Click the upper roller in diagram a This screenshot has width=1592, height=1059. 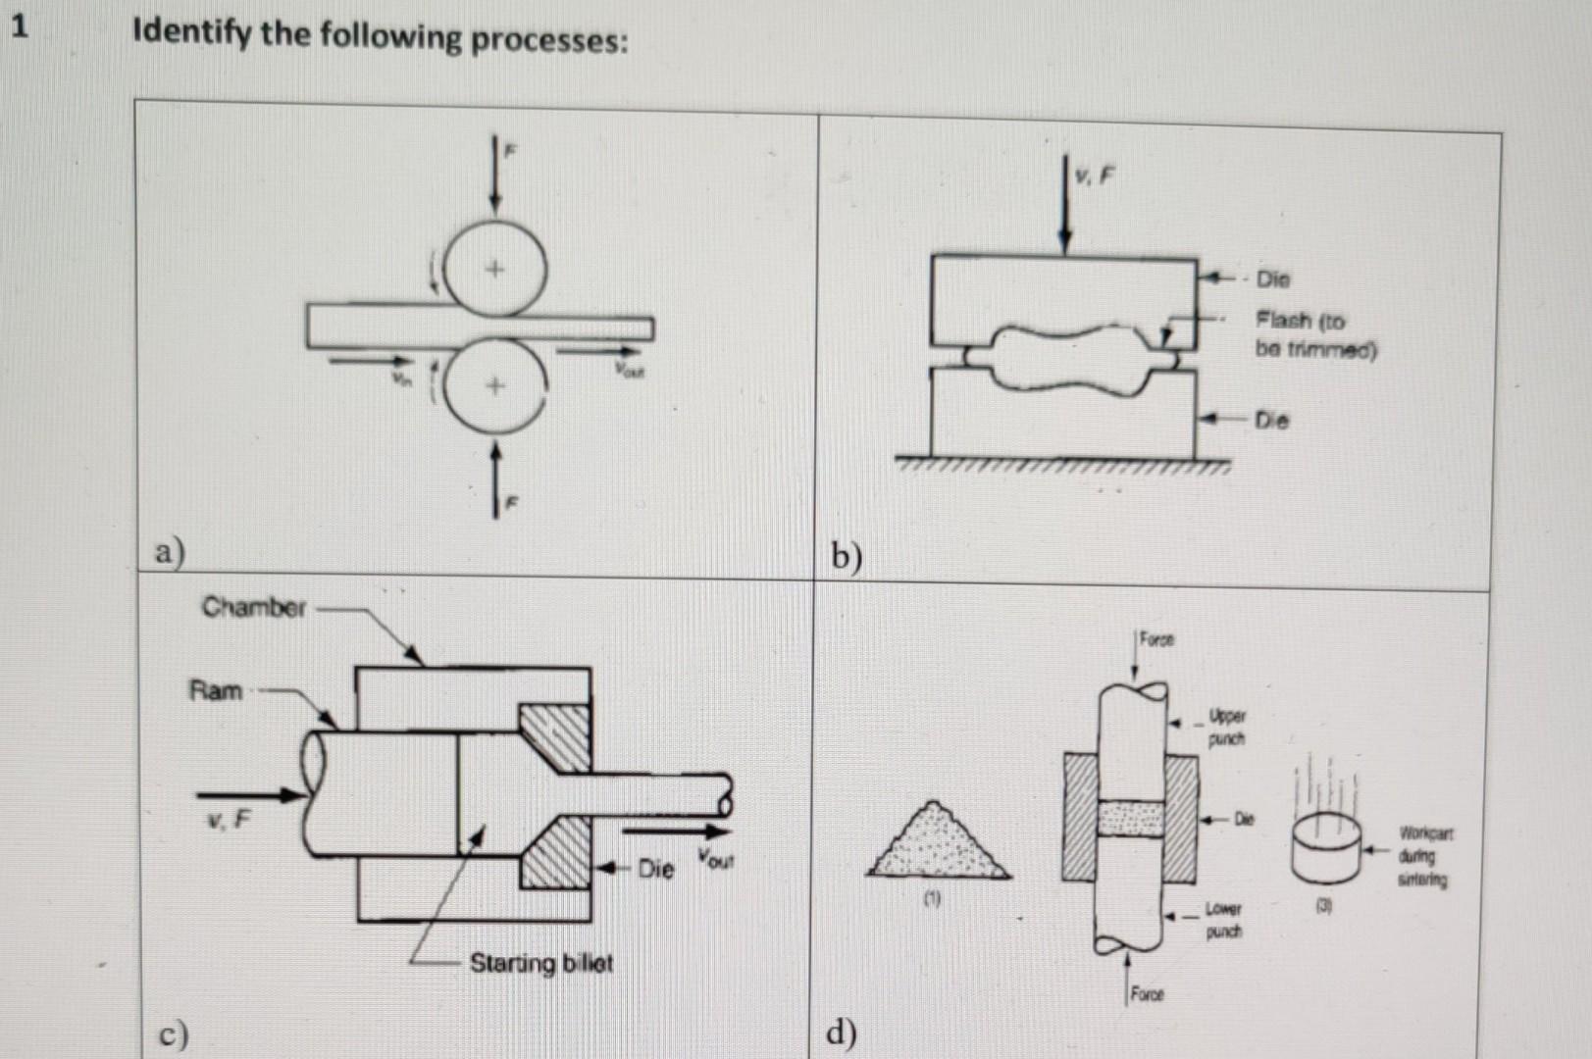[494, 268]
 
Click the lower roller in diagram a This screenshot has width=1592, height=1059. [494, 385]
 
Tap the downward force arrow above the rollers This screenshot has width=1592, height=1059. [495, 176]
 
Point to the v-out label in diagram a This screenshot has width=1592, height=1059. [629, 370]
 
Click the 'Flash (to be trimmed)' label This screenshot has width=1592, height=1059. [1314, 334]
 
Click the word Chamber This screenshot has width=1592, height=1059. [254, 608]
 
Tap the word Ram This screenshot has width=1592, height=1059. [215, 690]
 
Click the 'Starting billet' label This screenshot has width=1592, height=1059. [540, 963]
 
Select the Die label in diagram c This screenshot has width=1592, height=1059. [655, 869]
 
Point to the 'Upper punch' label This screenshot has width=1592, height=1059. [1226, 727]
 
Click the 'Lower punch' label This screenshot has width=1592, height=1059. [1223, 920]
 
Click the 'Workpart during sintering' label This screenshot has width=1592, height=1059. [1425, 856]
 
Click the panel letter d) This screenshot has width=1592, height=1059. [841, 1032]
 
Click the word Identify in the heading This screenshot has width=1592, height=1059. [192, 34]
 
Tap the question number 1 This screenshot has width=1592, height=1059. [19, 26]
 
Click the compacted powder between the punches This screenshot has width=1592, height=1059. [1131, 818]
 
